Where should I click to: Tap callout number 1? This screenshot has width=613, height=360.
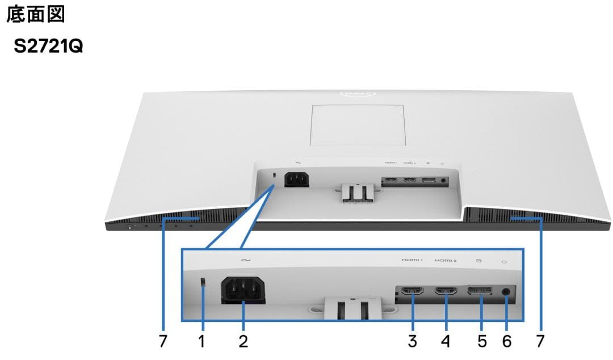[201, 341]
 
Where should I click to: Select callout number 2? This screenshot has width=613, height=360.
[243, 341]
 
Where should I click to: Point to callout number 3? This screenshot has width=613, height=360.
[413, 341]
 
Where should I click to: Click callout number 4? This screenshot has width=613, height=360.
[446, 341]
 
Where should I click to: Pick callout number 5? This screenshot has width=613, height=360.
[482, 341]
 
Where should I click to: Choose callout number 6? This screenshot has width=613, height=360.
[507, 341]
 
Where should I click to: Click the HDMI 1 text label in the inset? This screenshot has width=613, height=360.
[413, 261]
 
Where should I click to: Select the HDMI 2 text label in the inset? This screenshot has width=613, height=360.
[446, 261]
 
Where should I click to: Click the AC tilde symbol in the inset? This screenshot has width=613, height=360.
[245, 260]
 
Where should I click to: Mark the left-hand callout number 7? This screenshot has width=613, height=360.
[163, 341]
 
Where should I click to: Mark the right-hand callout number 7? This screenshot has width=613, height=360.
[540, 341]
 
